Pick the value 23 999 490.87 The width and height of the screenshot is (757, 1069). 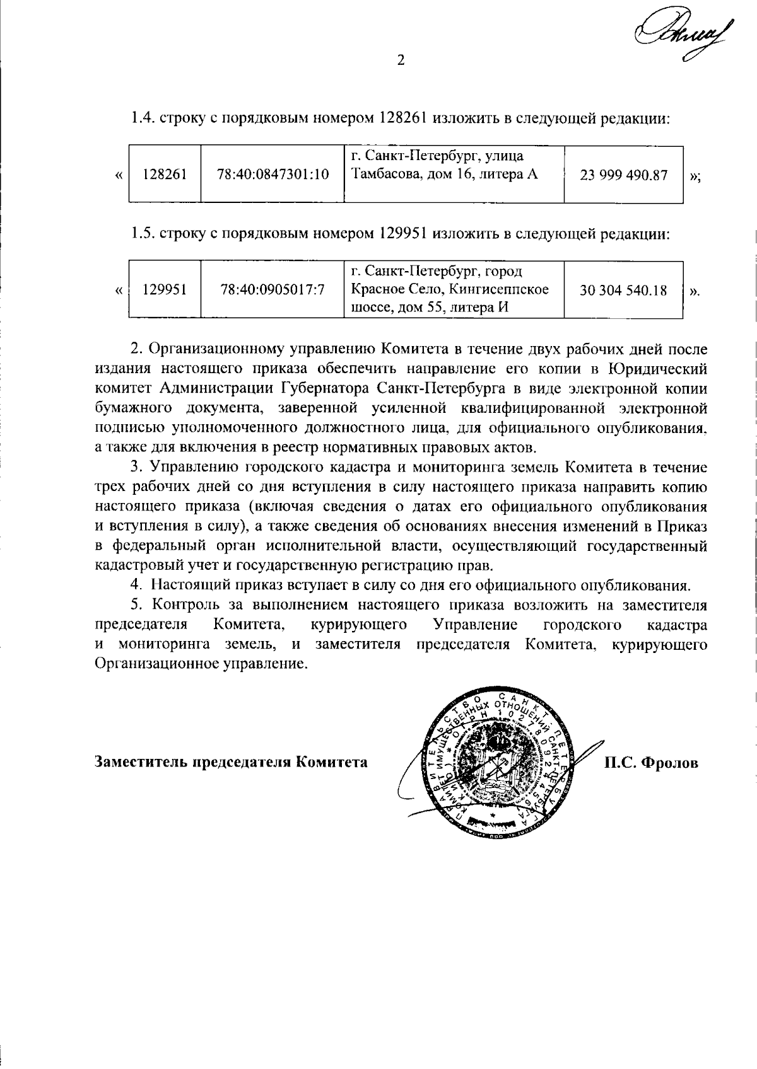[x=623, y=175]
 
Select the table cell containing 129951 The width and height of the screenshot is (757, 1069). [x=165, y=291]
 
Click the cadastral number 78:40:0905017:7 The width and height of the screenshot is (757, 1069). [x=273, y=291]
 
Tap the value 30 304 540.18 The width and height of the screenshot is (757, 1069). [x=623, y=291]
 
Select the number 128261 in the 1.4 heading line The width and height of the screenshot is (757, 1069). [x=404, y=118]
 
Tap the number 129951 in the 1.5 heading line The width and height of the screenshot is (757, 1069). [x=404, y=234]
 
